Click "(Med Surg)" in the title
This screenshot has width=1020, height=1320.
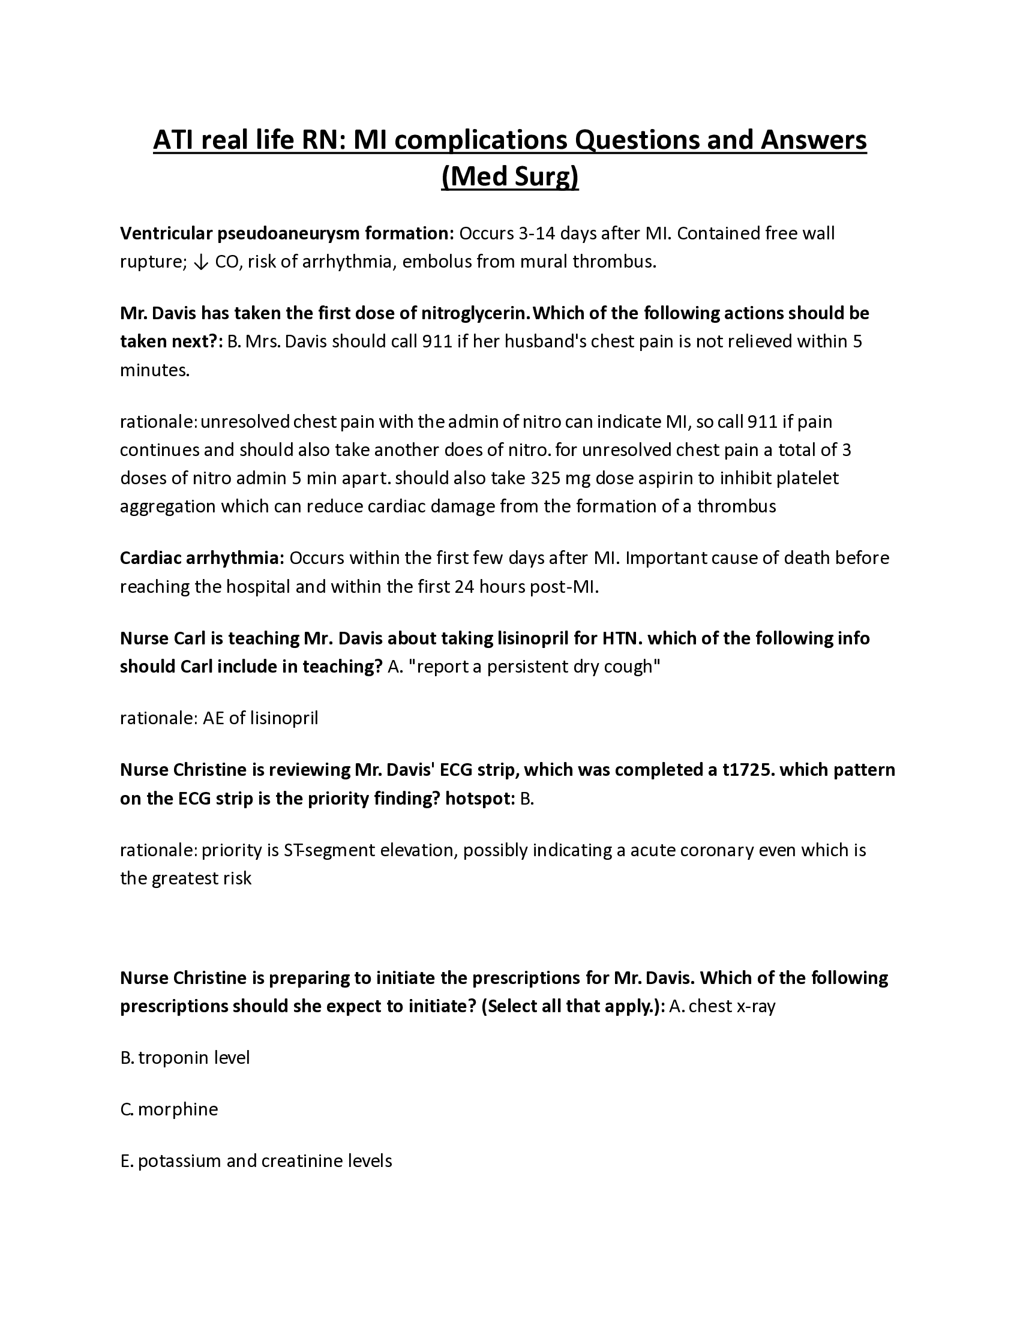[510, 177]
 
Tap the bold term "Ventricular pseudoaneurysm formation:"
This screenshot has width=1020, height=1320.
[287, 233]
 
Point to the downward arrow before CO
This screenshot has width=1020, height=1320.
[202, 262]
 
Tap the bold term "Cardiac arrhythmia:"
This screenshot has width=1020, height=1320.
[202, 558]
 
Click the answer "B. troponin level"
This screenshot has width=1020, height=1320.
[185, 1058]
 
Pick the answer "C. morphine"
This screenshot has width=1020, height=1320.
[169, 1109]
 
